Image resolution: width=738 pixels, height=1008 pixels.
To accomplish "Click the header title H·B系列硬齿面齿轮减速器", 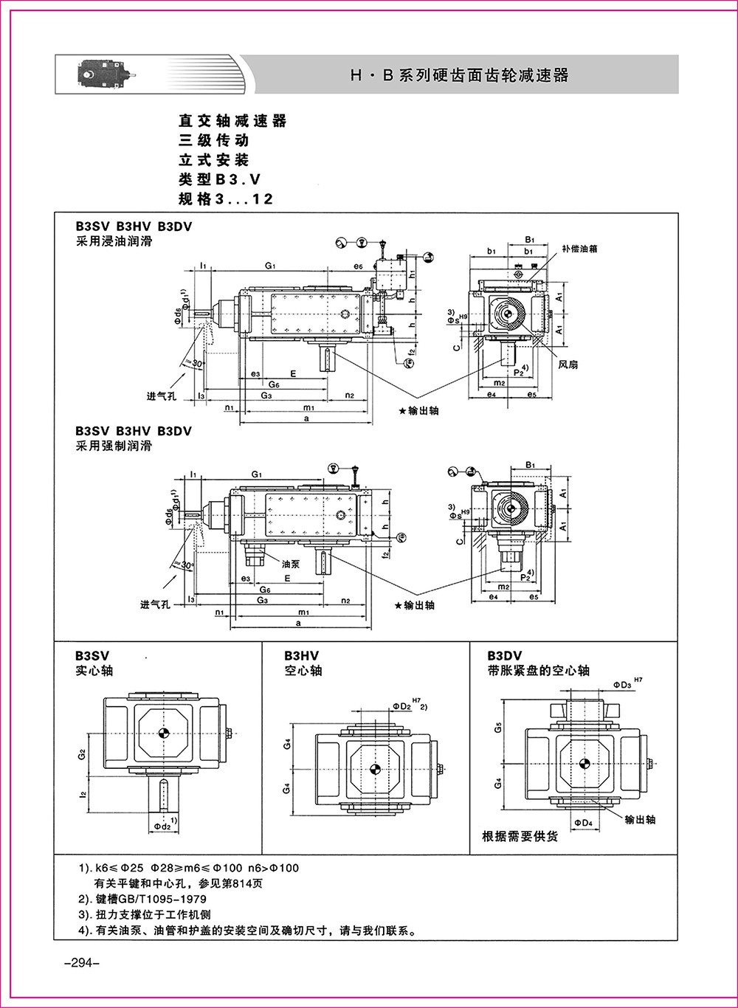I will (459, 75).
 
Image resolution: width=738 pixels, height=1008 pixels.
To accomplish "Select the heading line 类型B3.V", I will (220, 179).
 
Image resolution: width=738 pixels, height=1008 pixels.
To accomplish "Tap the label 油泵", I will (290, 562).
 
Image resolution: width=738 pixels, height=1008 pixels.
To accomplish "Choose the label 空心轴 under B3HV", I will (303, 671).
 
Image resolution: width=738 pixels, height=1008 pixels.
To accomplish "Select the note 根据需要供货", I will (520, 837).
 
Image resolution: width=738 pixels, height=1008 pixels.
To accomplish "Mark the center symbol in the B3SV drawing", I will (163, 733).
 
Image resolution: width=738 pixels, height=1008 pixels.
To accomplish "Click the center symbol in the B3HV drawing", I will (375, 769).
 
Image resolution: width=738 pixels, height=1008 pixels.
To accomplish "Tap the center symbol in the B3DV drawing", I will (584, 764).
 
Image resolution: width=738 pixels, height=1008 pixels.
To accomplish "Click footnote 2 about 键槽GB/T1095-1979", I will (142, 900).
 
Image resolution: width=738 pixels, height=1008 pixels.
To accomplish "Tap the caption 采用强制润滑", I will (113, 446).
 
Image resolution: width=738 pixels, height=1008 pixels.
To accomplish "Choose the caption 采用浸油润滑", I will (113, 241).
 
